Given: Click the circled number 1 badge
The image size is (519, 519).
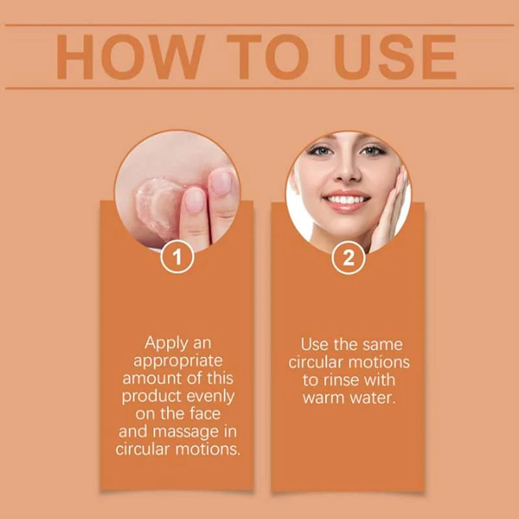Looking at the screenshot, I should click(177, 258).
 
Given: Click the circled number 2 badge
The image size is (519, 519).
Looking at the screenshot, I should click(348, 258).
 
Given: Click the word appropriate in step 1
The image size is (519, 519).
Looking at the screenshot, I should click(177, 360).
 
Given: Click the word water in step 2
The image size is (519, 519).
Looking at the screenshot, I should click(372, 396).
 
